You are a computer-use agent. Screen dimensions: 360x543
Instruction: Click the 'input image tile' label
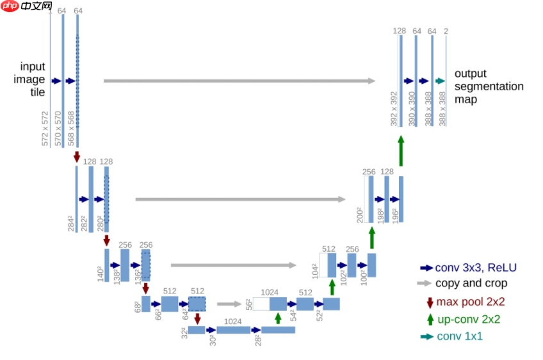(33, 79)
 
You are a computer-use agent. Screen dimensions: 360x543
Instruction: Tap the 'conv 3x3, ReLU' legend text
(475, 268)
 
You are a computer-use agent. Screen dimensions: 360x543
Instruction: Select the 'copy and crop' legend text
(471, 283)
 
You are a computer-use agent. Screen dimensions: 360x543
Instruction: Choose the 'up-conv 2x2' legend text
(469, 319)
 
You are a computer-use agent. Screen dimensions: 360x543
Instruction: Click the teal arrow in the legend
(426, 336)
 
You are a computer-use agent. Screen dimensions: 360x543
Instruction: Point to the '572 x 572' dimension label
(45, 129)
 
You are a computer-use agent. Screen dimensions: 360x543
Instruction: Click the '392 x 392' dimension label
(394, 108)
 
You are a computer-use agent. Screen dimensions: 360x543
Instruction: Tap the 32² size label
(183, 332)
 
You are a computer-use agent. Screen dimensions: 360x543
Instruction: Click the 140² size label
(99, 274)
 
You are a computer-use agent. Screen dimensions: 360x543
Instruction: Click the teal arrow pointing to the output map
(439, 81)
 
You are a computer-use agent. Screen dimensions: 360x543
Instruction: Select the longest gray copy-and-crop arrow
(239, 81)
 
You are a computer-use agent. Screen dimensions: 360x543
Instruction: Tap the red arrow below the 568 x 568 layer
(77, 156)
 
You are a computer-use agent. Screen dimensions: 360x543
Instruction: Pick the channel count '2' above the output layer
(446, 31)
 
